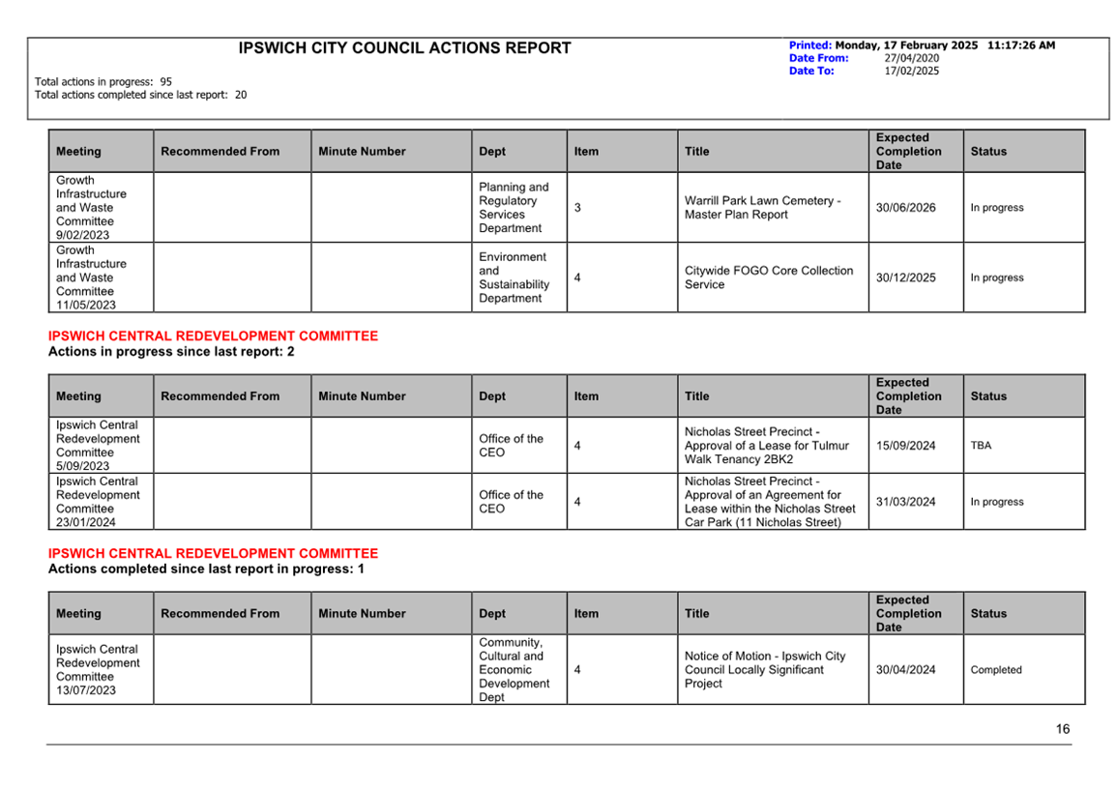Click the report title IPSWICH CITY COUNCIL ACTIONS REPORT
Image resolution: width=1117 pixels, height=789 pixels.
pos(404,48)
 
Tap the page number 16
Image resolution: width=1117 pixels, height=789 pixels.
pos(1063,729)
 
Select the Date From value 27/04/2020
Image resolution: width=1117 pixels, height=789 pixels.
pos(911,58)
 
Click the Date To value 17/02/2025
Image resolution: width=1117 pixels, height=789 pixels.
pos(911,71)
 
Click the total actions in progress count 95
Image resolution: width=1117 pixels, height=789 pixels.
pos(166,82)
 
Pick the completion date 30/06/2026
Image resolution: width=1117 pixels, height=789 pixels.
pos(905,208)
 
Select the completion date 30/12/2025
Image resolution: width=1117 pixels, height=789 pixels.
pos(905,278)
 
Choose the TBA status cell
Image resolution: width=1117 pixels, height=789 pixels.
pos(981,446)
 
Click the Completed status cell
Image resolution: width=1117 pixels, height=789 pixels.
pos(995,670)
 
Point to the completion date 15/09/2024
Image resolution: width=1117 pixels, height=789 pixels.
pos(905,446)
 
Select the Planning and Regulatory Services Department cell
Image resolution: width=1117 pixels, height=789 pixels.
pos(514,208)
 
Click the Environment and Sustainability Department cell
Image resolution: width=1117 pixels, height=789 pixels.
pos(514,278)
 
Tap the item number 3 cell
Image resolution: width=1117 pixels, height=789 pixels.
pos(577,208)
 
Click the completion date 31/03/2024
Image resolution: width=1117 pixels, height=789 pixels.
pos(905,502)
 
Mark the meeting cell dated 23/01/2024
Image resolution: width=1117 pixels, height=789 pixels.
pos(98,502)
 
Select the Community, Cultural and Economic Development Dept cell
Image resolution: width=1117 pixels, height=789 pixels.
pos(514,670)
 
